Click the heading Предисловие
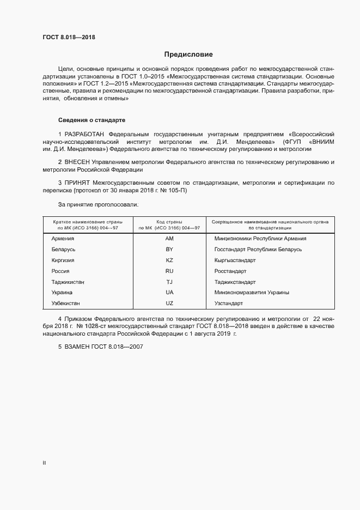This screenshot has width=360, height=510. pyautogui.click(x=188, y=54)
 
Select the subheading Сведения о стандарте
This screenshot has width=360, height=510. pyautogui.click(x=92, y=119)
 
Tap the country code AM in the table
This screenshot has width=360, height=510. pyautogui.click(x=169, y=239)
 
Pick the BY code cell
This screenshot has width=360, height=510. pyautogui.click(x=169, y=250)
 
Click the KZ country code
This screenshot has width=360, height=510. pyautogui.click(x=169, y=260)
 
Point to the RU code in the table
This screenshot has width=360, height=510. pyautogui.click(x=169, y=271)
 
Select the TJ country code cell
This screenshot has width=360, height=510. pyautogui.click(x=169, y=282)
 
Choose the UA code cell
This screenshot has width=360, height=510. pyautogui.click(x=169, y=293)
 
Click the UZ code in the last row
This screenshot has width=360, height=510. pyautogui.click(x=169, y=303)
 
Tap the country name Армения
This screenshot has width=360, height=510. pyautogui.click(x=63, y=239)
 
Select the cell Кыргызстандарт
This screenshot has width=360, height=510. pyautogui.click(x=235, y=260)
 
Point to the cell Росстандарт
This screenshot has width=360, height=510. pyautogui.click(x=230, y=271)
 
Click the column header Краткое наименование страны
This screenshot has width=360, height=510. pyautogui.click(x=87, y=222)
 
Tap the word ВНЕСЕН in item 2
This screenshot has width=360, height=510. pyautogui.click(x=77, y=162)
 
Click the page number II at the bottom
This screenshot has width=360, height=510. pyautogui.click(x=44, y=463)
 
